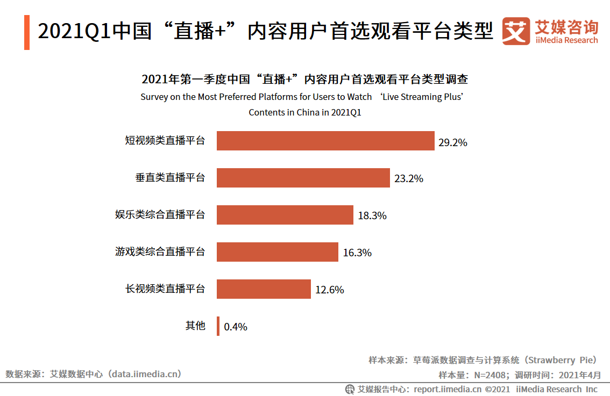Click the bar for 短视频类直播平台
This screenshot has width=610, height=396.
325,141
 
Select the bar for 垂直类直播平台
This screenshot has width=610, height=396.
303,178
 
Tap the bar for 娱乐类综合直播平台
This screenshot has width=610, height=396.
285,215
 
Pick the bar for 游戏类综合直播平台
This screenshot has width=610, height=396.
277,252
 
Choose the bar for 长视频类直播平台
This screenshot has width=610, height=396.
264,289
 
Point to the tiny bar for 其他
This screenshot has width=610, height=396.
218,326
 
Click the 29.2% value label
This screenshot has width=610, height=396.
452,143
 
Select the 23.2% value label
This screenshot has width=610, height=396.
408,179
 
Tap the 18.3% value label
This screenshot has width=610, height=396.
372,216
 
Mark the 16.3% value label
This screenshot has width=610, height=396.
357,253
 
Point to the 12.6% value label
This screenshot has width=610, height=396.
329,290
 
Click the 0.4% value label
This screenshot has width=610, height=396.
236,327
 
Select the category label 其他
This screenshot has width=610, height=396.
195,326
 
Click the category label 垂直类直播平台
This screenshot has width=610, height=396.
170,177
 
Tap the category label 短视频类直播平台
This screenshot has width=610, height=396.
165,141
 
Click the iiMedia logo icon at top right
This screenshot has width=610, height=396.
516,32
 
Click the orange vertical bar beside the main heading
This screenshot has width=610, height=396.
27,32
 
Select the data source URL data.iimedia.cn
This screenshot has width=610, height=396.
145,374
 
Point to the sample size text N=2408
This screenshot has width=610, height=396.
490,375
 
